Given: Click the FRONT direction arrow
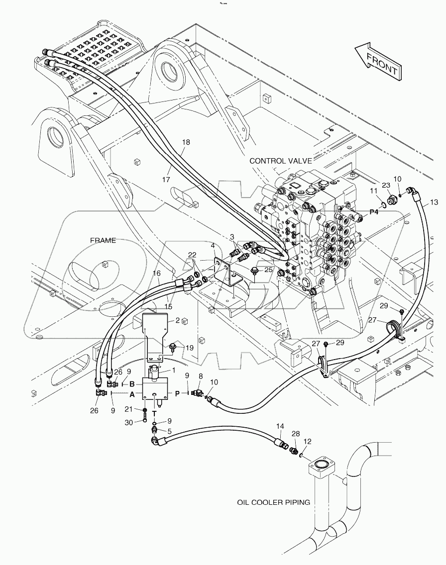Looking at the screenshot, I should pos(377,61).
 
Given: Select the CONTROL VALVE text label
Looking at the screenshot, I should pos(281,161).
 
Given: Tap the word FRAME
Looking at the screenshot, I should pos(103,240).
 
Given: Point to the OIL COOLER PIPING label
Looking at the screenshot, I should pos(273,502).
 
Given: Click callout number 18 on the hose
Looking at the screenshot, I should pos(186,142).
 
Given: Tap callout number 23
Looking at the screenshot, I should pos(386,186).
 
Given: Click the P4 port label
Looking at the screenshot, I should pos(374,212).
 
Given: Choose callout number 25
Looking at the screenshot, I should pos(268,270).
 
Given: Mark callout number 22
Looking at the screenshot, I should pos(192,255).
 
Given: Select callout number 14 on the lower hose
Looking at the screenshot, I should pos(280,426).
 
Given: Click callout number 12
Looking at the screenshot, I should pos(307,441).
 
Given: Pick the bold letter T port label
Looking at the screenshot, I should pos(154,413).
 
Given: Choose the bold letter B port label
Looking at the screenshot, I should pos(132,384).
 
